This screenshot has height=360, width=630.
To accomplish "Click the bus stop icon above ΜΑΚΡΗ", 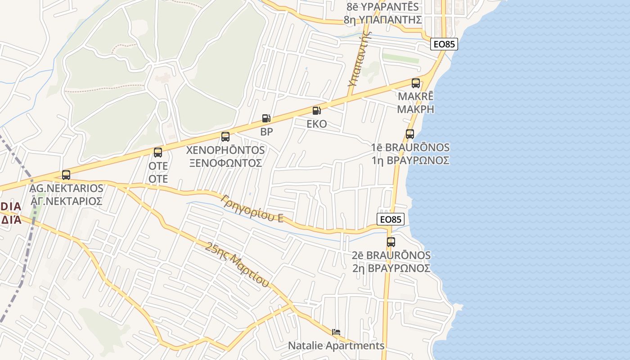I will coord(416,83).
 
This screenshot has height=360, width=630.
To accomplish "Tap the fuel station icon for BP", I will coord(266,118).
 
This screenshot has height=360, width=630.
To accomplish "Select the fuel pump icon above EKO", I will coord(317,111).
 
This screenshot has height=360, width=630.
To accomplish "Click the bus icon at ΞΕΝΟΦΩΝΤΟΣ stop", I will coord(225,137).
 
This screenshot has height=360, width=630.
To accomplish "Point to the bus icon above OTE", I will coord(158,153).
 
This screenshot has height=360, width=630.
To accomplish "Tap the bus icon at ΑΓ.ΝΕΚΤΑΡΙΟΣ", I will coord(66,175).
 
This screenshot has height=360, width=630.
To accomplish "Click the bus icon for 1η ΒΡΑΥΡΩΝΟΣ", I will coord(410,134).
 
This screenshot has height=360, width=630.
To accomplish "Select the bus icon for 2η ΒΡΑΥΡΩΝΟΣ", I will coord(391,242).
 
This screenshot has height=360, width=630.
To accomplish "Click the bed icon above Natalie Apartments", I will coord(336,333).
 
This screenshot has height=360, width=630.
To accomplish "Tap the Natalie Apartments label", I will coord(336,346).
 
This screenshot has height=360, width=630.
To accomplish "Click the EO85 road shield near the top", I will coord(444,44).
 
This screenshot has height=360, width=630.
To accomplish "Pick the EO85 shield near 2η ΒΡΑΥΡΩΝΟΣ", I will coord(391,219).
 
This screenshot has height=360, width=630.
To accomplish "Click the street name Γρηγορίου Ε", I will coord(252,209).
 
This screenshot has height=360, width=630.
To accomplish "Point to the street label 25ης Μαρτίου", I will coord(237,265).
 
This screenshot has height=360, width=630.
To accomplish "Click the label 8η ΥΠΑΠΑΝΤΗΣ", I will coord(382,20).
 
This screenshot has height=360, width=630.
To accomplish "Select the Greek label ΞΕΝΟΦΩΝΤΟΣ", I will coord(225,163).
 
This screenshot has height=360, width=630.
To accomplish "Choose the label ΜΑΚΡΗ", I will coord(416,109).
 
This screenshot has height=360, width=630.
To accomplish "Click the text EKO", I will coord(317,124).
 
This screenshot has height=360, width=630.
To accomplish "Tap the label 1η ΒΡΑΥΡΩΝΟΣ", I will coord(410,161).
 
